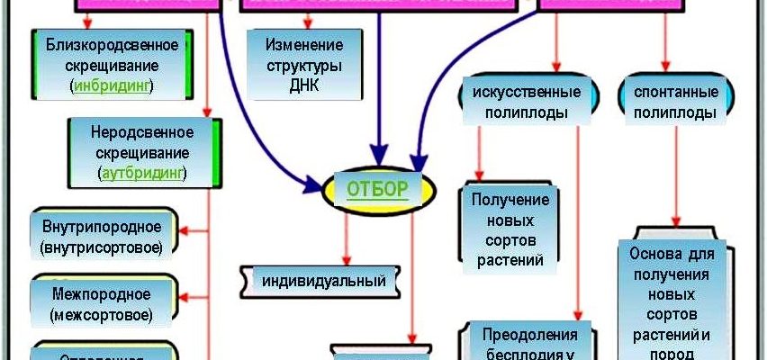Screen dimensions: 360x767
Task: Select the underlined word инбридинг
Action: [x=113, y=85]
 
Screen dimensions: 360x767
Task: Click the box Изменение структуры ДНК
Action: [x=305, y=63]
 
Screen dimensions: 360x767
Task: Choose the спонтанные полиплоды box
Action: [x=674, y=103]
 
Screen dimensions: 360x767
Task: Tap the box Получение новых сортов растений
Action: [x=506, y=229]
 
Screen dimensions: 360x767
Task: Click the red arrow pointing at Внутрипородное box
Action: [x=192, y=233]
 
